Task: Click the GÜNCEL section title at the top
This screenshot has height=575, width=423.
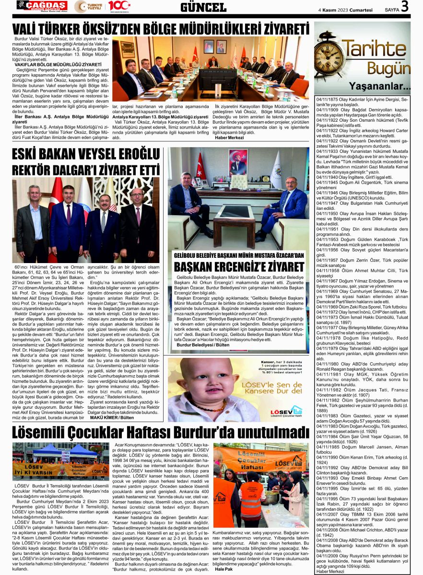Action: click(203, 7)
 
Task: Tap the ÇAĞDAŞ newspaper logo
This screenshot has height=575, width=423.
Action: click(42, 6)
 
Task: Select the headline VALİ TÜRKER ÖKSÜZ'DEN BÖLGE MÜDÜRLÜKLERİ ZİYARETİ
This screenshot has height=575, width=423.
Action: click(160, 27)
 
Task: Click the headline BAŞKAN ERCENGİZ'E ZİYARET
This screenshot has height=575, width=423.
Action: click(239, 267)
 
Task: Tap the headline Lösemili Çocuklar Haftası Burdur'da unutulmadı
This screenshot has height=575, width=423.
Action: click(160, 433)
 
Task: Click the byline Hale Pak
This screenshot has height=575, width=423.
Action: click(223, 568)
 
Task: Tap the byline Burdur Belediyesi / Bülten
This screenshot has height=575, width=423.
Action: click(203, 345)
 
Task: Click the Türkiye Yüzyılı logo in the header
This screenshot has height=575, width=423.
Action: click(87, 7)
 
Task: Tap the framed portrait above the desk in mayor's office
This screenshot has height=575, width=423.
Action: click(237, 162)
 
